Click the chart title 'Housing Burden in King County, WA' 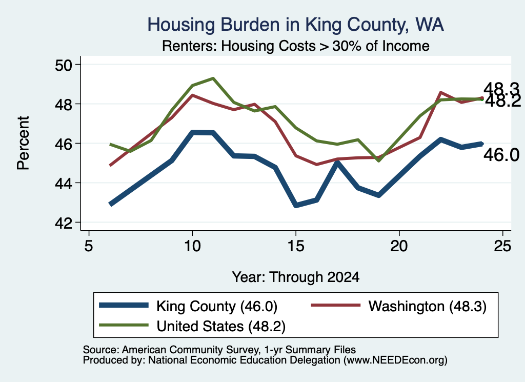296,25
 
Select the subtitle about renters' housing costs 296,46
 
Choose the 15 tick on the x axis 296,246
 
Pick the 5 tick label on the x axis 88,246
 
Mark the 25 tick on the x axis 502,246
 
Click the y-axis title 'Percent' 23,143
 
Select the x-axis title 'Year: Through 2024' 296,277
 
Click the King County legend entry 188,306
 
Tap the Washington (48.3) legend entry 399,306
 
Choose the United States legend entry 192,326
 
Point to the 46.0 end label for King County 501,155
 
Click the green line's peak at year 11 213,78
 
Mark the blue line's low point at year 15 296,205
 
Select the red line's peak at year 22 440,92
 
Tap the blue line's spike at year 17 337,163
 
